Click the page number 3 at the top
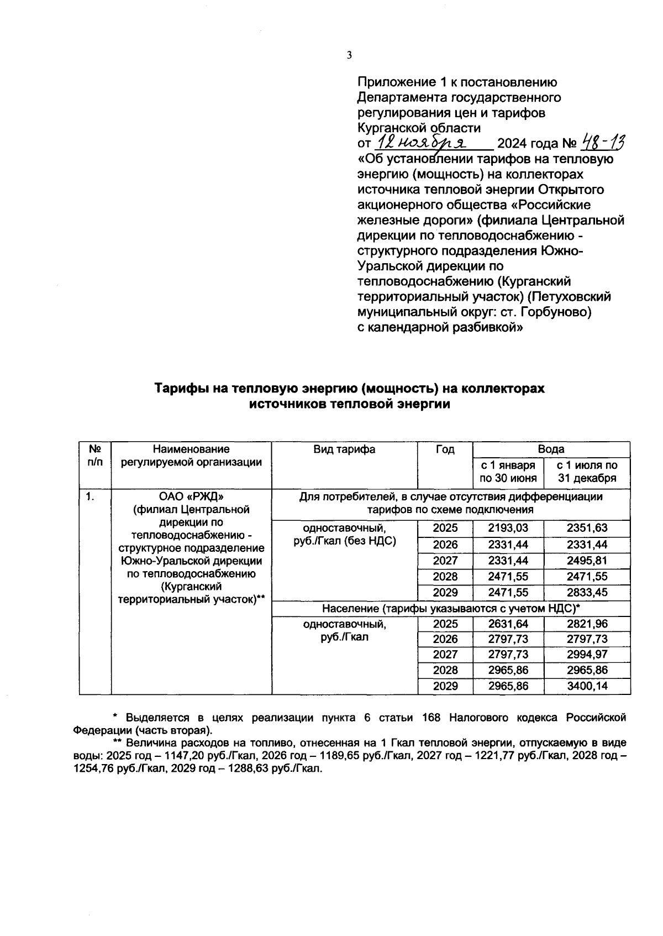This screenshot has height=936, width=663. point(349,55)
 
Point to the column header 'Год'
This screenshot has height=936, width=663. point(445,449)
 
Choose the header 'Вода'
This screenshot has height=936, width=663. point(551,449)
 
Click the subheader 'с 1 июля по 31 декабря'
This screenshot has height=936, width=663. point(587,472)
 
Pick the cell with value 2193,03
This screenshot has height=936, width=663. point(508,528)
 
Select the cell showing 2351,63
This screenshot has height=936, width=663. point(587,528)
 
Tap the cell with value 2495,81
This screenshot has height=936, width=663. point(587,561)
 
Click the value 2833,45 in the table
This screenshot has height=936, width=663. point(587,593)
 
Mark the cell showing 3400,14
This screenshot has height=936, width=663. point(587,686)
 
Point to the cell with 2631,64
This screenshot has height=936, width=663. point(508,624)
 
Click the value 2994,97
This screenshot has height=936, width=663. point(587,655)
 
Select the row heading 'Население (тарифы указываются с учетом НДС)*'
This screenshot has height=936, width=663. point(450,608)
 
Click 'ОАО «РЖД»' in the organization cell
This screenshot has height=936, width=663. point(191,496)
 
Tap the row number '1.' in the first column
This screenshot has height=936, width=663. point(90,496)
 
